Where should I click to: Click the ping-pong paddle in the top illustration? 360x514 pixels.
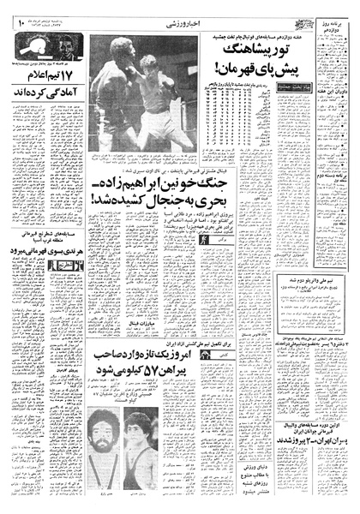(76, 49)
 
